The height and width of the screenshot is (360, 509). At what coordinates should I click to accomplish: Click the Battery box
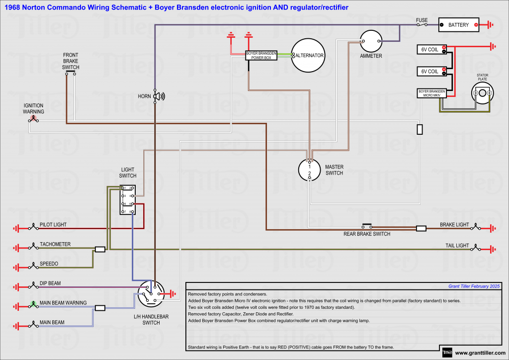[458, 25]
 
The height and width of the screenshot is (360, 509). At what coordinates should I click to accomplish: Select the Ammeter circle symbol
[371, 40]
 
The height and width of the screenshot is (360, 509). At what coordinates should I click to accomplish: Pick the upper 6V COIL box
[431, 49]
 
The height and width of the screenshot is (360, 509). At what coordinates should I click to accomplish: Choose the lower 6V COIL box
[431, 72]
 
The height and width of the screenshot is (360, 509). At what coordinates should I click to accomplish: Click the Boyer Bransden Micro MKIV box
[431, 93]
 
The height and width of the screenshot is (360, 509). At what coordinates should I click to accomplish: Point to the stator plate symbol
[483, 93]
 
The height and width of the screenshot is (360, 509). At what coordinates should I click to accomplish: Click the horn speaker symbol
[159, 96]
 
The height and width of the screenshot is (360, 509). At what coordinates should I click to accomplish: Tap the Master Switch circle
[309, 170]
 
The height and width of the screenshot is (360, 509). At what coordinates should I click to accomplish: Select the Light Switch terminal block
[127, 200]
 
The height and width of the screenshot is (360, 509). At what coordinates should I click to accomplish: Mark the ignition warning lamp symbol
[34, 119]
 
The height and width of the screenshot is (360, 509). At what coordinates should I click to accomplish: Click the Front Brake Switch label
[71, 61]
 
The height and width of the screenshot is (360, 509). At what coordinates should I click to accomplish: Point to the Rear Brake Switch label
[367, 234]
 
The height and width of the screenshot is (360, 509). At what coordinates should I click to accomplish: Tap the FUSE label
[422, 20]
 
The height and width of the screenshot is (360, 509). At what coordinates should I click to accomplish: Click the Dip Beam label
[50, 283]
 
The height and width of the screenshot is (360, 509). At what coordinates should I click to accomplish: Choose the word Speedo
[49, 264]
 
